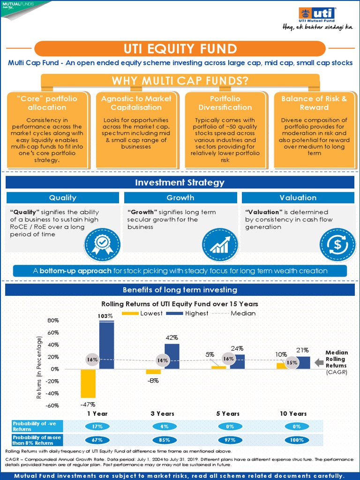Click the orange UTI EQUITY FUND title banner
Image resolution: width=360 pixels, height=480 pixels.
point(180,49)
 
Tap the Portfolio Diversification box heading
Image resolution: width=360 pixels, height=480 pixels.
point(225,103)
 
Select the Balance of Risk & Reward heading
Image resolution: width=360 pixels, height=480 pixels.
point(314,103)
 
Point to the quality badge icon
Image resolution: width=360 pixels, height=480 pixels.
point(102,243)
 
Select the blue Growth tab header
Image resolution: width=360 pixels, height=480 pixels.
point(180,198)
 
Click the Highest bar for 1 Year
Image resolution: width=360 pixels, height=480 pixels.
point(106,345)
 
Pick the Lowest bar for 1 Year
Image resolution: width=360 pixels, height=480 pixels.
point(88,383)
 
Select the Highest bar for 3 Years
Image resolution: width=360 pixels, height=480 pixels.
point(172,356)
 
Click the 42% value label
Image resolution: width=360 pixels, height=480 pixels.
point(171,337)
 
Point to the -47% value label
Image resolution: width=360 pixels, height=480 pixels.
point(88,404)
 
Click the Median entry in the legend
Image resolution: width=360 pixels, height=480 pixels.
point(240,313)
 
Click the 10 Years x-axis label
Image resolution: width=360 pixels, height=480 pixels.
point(293,413)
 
